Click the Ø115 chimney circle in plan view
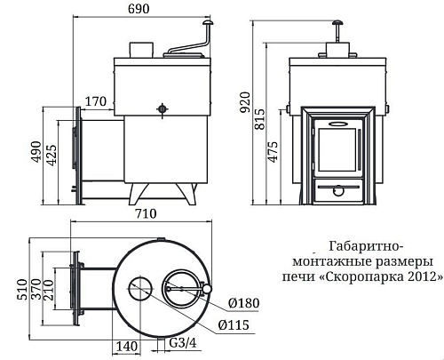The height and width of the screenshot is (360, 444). point(139,287)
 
